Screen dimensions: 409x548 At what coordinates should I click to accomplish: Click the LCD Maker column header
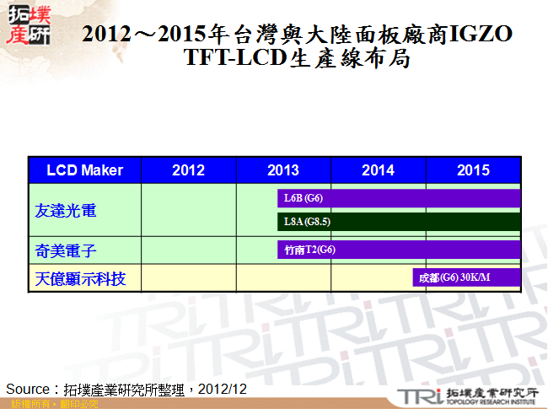[84, 170]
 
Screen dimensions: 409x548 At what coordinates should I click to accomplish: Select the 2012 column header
[188, 170]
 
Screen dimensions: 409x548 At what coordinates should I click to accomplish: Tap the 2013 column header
[283, 170]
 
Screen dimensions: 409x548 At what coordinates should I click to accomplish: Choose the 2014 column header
[378, 170]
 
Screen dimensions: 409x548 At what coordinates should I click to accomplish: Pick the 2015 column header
[473, 170]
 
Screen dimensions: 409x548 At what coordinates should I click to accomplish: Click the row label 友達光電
[66, 210]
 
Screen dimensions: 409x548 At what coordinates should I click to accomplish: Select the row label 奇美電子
[66, 250]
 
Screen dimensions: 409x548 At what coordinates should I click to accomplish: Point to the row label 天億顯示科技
[81, 277]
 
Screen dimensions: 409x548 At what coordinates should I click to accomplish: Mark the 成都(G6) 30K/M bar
[465, 278]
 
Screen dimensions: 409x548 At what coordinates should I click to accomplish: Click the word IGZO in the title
[481, 35]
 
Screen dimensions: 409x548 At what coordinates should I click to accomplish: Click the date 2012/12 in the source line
[223, 389]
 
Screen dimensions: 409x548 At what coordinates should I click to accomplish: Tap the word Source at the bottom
[30, 389]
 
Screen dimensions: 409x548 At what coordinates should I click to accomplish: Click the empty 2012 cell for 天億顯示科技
[188, 277]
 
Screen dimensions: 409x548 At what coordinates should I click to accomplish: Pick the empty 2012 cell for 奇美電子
[188, 250]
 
